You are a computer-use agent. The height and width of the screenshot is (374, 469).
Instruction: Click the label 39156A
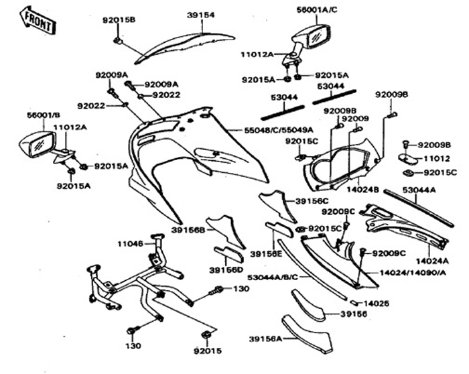[265, 338]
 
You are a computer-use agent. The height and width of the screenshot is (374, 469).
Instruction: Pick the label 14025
[377, 302]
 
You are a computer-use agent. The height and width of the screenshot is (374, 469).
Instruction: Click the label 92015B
[119, 20]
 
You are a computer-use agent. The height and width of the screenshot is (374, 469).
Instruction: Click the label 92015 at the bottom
[208, 351]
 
